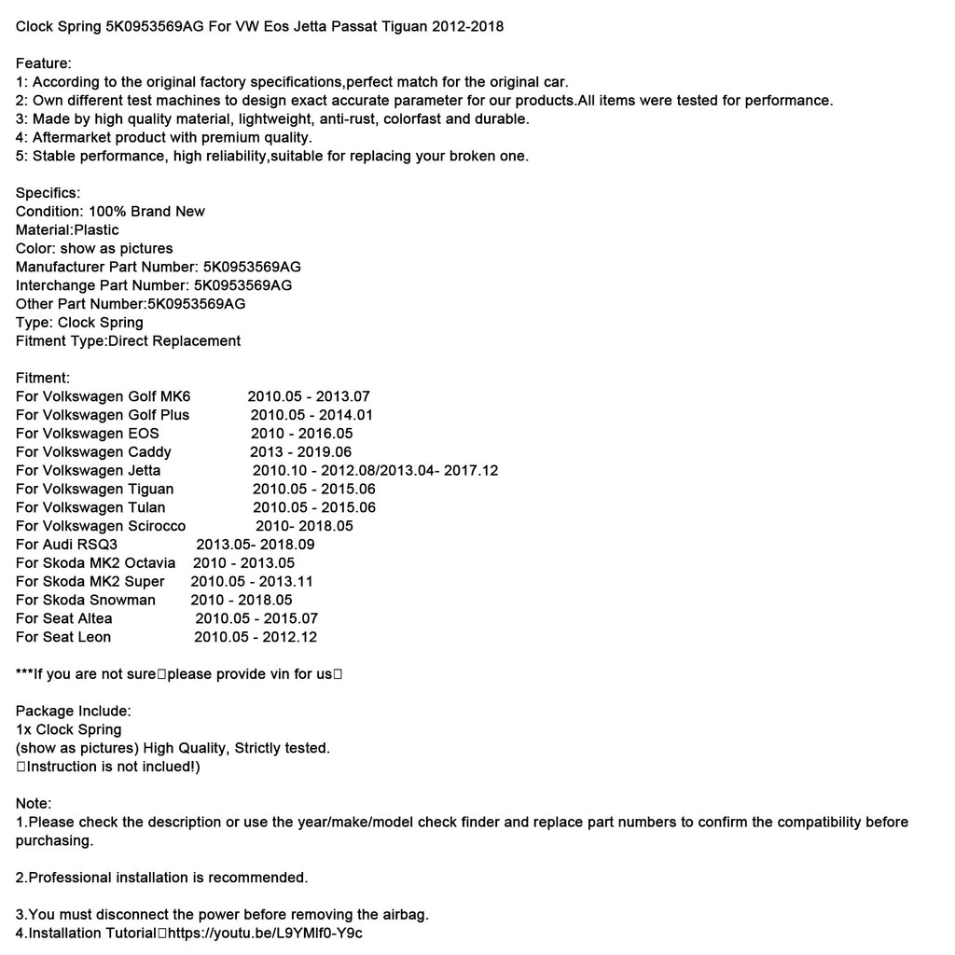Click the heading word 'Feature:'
44,63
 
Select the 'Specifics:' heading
48,193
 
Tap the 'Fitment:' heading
43,378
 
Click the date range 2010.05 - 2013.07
309,396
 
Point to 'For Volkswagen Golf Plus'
103,415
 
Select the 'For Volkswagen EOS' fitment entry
88,434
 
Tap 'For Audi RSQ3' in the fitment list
67,545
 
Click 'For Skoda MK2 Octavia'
95,563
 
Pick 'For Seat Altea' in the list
64,618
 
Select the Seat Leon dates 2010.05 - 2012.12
256,637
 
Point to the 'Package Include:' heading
74,711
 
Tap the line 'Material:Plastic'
67,230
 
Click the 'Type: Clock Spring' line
79,323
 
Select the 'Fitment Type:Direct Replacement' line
128,341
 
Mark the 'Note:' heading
34,803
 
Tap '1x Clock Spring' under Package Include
69,729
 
